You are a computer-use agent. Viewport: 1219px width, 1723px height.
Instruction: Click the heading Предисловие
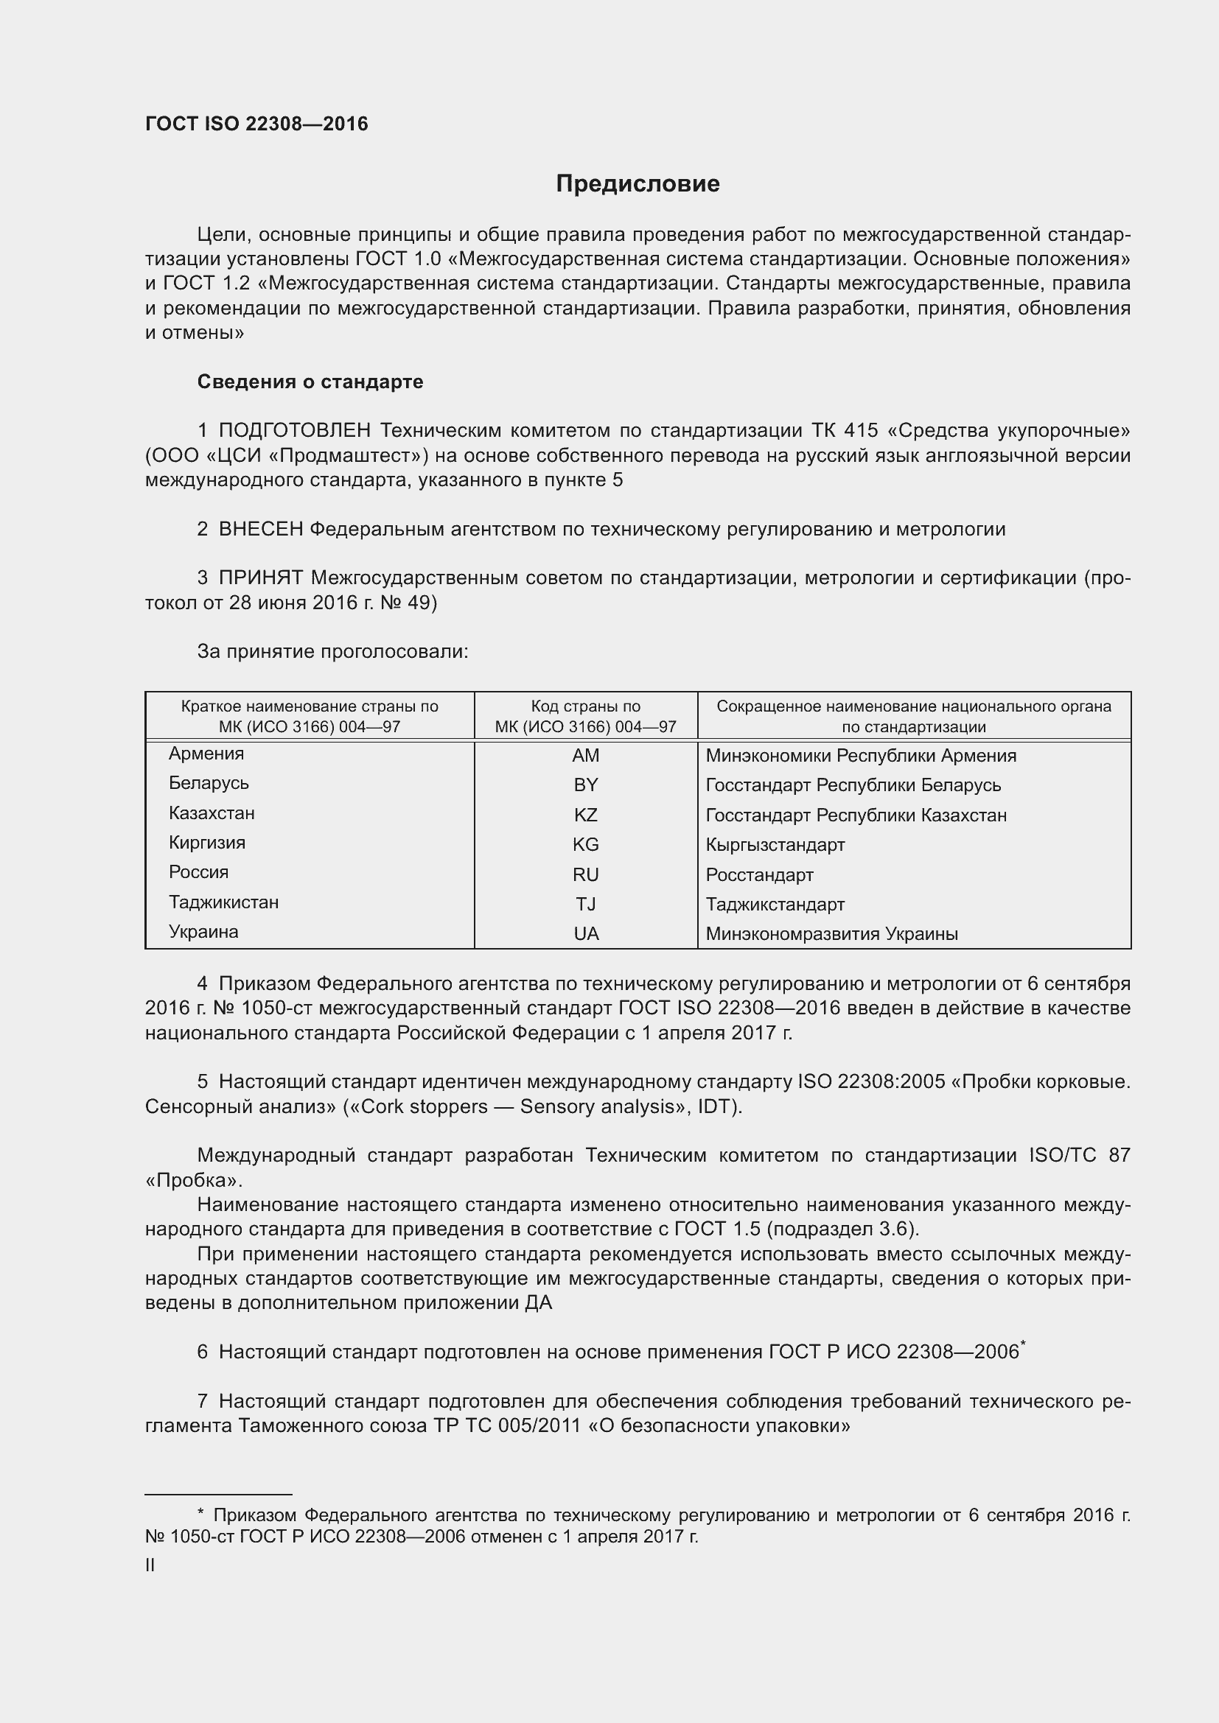point(638,184)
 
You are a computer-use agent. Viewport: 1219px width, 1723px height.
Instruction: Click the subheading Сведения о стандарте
point(310,382)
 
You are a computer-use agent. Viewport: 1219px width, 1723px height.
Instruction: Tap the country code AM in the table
point(585,756)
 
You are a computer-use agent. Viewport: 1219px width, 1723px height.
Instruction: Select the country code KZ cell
point(585,815)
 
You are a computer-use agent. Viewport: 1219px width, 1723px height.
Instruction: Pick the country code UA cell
point(585,933)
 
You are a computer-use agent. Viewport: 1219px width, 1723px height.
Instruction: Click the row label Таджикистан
point(224,902)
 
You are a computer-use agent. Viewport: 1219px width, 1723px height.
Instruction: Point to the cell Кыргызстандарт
point(775,845)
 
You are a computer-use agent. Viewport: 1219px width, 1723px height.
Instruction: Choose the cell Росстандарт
point(759,875)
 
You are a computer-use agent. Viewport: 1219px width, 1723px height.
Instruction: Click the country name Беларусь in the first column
point(209,784)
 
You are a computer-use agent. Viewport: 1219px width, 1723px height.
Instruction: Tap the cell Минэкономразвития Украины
point(831,934)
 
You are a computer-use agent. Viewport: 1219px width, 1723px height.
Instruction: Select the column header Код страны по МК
point(585,716)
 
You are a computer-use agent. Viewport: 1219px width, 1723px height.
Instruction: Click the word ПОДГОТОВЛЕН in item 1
point(294,431)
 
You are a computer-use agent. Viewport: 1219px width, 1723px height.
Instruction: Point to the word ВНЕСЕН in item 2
point(260,529)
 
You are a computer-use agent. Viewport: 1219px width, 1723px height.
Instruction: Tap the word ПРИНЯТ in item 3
point(260,578)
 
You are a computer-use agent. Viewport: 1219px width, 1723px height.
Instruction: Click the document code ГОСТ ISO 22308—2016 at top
point(256,124)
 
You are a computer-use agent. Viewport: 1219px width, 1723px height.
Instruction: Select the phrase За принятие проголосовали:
point(332,651)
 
